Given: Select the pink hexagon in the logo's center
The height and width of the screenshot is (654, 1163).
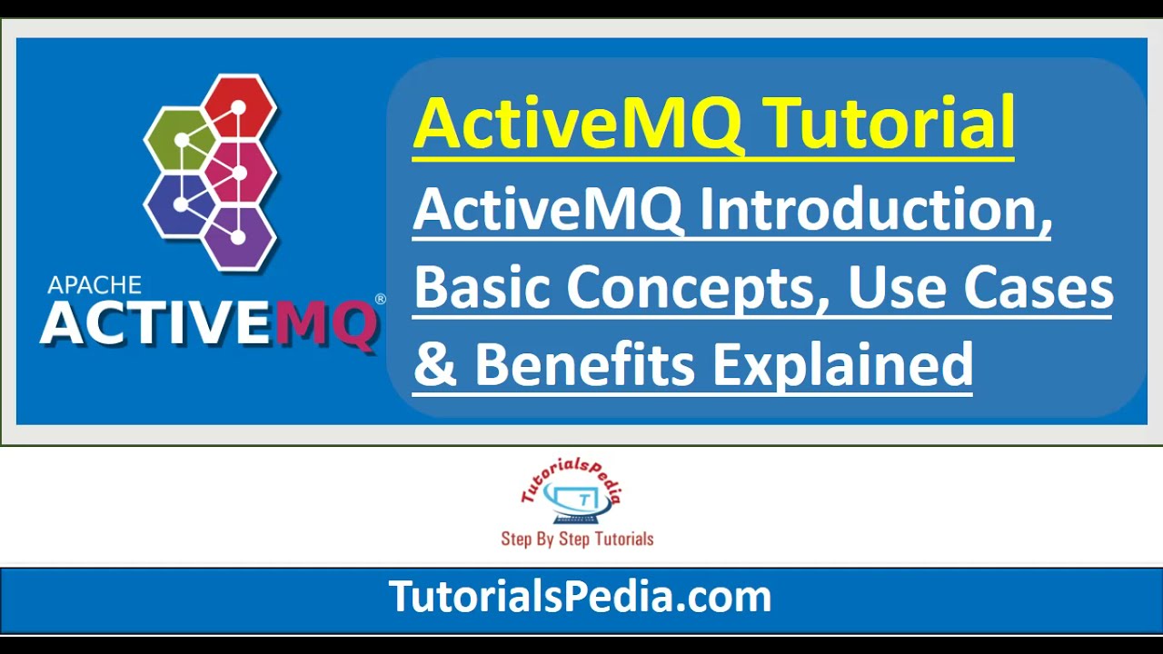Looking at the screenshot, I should click(x=239, y=172).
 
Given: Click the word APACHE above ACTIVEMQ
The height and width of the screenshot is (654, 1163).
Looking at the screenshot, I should click(x=94, y=285).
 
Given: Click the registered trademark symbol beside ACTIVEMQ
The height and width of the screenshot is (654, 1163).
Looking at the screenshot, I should click(x=380, y=299).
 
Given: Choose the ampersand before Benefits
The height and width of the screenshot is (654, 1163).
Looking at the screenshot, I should click(x=435, y=366).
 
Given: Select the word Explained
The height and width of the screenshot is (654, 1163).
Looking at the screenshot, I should click(x=842, y=366).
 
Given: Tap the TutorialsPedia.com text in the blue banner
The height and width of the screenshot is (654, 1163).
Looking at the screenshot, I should click(x=581, y=597).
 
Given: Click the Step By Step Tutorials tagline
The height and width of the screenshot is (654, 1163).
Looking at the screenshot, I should click(x=577, y=539).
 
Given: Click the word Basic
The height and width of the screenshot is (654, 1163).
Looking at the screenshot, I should click(x=482, y=289).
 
